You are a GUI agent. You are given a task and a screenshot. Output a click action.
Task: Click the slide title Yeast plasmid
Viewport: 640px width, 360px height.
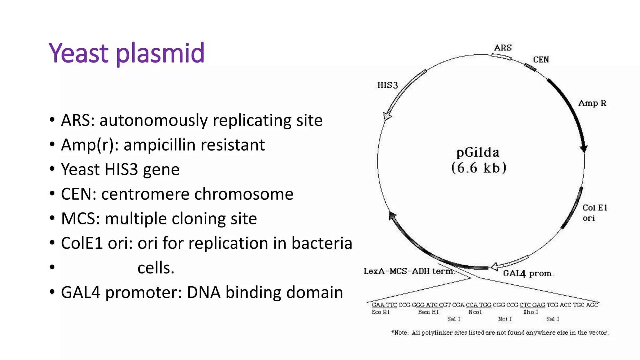(127, 53)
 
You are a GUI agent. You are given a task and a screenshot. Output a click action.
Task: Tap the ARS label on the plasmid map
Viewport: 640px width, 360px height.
(503, 48)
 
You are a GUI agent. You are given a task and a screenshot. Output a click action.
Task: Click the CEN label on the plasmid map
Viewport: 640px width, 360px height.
(541, 60)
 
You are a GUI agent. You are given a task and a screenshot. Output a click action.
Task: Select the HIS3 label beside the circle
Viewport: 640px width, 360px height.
(387, 85)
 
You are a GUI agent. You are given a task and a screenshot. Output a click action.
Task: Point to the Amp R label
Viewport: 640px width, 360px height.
(592, 103)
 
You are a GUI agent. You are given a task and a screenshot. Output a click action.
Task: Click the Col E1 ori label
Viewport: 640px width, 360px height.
(594, 212)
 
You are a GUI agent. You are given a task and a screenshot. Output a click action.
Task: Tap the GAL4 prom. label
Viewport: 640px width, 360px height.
(528, 273)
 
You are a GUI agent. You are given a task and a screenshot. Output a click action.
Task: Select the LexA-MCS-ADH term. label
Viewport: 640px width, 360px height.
(409, 271)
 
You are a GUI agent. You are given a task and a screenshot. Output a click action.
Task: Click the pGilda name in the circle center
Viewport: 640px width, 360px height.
(478, 152)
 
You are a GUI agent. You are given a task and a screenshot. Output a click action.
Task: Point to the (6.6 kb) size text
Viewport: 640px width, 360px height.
(478, 168)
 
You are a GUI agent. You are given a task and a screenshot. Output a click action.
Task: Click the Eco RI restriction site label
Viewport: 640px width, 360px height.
(380, 312)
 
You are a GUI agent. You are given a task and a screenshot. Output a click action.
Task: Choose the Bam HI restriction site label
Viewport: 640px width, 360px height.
(428, 312)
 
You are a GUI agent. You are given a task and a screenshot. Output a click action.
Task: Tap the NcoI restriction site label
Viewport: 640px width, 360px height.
(475, 312)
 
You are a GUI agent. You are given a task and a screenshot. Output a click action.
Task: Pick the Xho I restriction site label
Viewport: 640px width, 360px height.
(531, 312)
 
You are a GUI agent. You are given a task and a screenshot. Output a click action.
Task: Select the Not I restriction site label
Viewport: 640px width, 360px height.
(505, 319)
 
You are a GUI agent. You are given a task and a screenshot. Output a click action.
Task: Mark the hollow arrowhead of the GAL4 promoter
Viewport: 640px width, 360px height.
(494, 267)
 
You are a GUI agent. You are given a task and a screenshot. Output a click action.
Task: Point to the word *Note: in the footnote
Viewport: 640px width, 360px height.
(400, 333)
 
